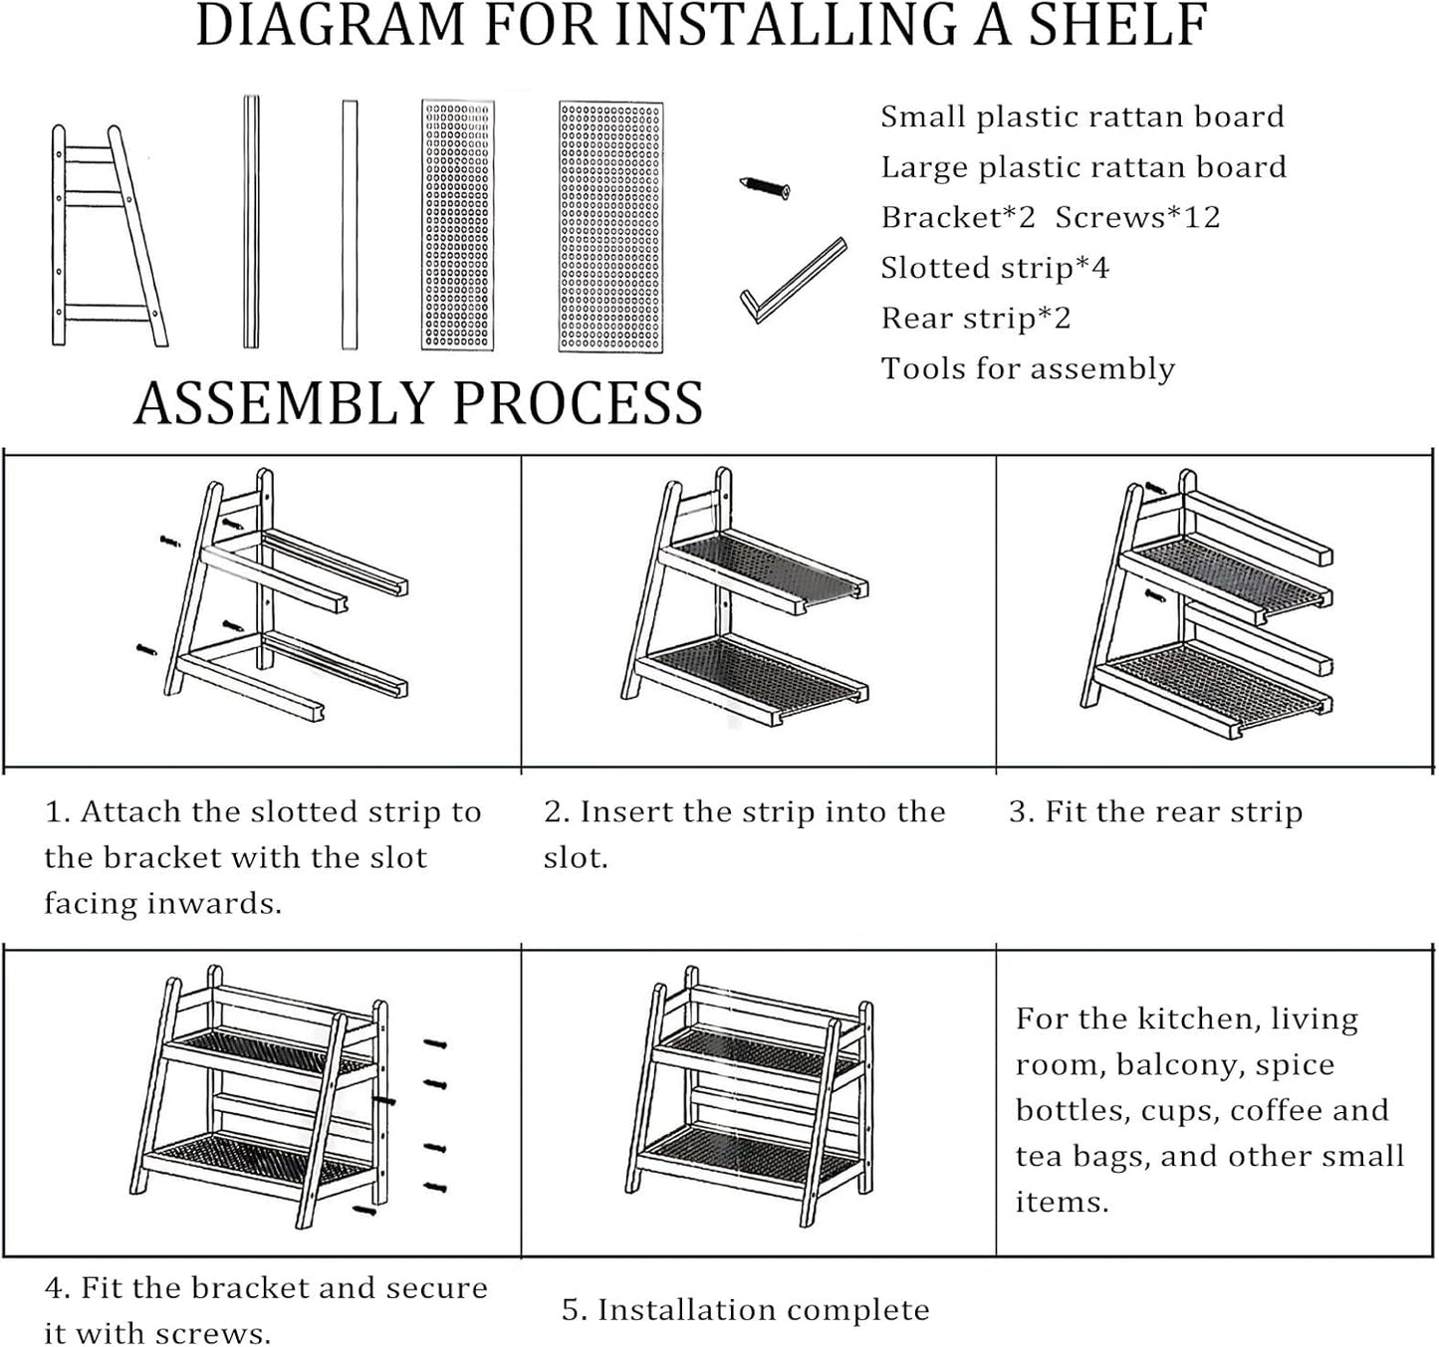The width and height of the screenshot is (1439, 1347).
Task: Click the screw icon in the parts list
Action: click(765, 186)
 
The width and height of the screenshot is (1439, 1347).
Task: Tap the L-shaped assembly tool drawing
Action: click(793, 280)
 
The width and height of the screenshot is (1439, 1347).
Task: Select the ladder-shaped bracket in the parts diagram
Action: click(108, 237)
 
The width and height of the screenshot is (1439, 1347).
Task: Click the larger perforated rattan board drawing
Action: click(610, 227)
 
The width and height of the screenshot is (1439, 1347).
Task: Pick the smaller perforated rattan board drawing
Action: click(457, 225)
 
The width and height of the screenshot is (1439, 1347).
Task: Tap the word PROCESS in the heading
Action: click(578, 403)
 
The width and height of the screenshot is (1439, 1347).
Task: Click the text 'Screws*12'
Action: click(1137, 217)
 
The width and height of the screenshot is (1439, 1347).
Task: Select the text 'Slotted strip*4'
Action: click(994, 268)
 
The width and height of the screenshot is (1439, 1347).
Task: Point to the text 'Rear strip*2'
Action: click(975, 319)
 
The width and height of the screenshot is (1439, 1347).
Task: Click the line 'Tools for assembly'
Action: click(1028, 369)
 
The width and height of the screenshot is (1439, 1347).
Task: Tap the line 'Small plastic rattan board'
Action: click(1081, 116)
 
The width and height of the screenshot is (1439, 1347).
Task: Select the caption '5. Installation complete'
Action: click(745, 1310)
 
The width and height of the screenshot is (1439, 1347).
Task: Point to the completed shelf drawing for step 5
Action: click(749, 1095)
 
